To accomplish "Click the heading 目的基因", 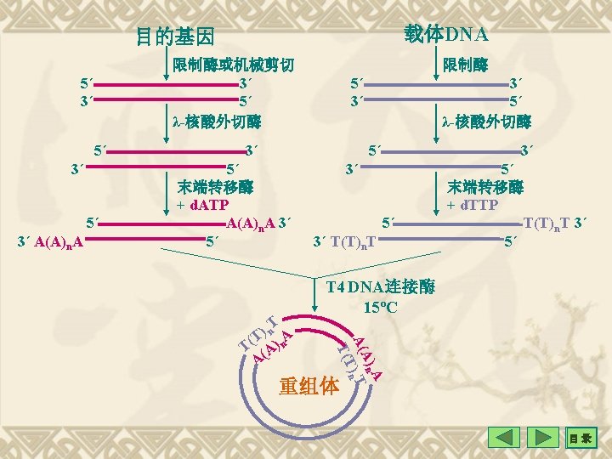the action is [176, 37].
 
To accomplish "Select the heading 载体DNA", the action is [446, 34].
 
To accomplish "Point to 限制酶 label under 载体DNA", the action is [465, 65].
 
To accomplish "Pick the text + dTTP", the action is [473, 206].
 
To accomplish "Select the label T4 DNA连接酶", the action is [381, 287].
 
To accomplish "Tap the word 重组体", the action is [309, 386].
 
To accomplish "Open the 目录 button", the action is [582, 439].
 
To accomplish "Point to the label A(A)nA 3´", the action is [260, 224].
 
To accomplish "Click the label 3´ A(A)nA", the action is [49, 241].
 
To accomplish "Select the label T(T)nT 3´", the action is [556, 224].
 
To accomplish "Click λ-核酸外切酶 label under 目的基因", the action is [216, 120].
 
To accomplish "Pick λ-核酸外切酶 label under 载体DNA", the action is [487, 120].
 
